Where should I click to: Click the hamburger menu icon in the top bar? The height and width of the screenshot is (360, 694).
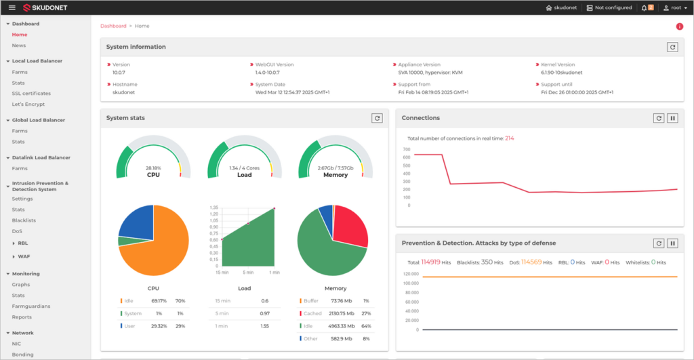(x=12, y=7)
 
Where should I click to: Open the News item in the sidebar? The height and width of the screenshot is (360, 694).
(x=19, y=45)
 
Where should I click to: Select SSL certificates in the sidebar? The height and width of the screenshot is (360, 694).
(x=31, y=94)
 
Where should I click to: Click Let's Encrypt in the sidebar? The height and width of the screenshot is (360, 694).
(x=28, y=104)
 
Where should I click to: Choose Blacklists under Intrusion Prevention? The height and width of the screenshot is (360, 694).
(x=24, y=220)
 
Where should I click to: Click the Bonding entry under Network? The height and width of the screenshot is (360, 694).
(x=23, y=354)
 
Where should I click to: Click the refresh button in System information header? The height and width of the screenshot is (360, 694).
(x=672, y=47)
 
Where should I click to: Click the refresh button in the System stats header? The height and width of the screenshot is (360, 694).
(x=377, y=118)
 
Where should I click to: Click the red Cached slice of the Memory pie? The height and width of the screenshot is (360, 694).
(x=350, y=227)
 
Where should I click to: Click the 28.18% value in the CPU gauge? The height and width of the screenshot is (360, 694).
(x=153, y=167)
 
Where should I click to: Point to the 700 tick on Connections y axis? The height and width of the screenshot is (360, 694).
(x=407, y=150)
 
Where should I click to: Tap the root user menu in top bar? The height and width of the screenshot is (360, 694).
(x=674, y=7)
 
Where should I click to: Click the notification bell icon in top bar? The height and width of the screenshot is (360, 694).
(x=645, y=7)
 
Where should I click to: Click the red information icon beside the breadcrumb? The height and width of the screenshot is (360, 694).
(x=679, y=26)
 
